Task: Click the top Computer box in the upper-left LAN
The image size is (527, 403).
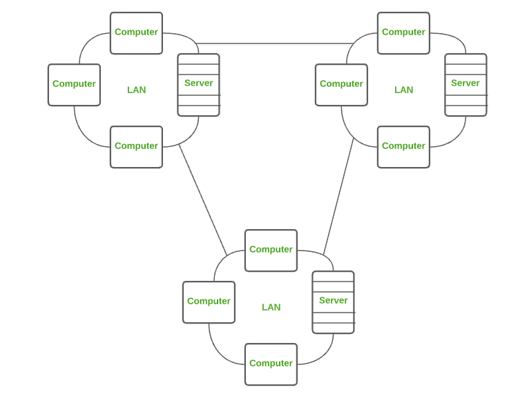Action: click(136, 32)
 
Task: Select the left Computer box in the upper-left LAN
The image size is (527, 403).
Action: click(74, 85)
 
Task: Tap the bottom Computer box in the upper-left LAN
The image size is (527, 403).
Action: click(136, 146)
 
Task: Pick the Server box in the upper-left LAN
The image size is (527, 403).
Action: click(198, 85)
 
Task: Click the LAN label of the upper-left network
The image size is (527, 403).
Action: click(136, 90)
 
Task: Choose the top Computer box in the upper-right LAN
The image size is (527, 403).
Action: click(403, 32)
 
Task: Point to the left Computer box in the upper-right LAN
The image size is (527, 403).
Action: click(341, 85)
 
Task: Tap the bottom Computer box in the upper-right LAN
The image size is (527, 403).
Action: click(403, 146)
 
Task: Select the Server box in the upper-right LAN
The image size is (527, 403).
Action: click(466, 85)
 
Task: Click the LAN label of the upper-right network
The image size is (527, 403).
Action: click(403, 90)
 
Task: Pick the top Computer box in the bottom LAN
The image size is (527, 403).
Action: click(271, 250)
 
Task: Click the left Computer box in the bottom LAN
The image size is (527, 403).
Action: click(209, 302)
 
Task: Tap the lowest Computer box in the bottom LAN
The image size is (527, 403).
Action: click(271, 364)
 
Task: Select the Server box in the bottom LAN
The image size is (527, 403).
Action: click(333, 302)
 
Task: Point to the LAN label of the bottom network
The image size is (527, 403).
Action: click(271, 307)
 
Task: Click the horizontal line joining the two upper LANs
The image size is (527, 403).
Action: click(276, 44)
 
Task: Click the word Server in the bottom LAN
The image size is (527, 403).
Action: click(333, 300)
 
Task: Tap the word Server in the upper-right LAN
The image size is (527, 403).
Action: click(466, 83)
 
